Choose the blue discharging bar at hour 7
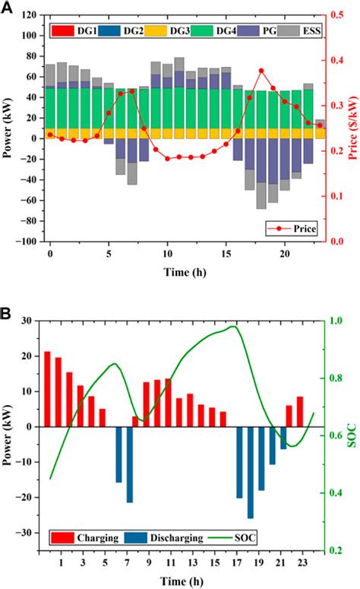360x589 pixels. (130, 464)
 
